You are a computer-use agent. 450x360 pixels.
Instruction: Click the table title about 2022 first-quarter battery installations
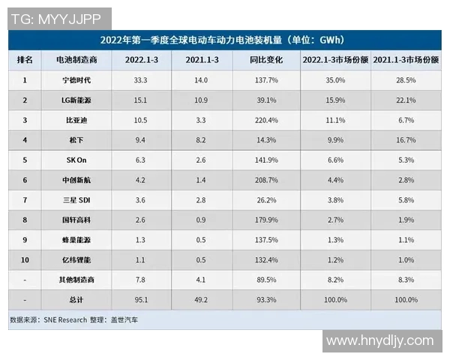tap(223, 39)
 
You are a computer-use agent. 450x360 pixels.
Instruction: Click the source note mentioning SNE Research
tap(79, 319)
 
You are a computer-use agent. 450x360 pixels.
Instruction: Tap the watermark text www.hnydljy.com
tap(380, 341)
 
